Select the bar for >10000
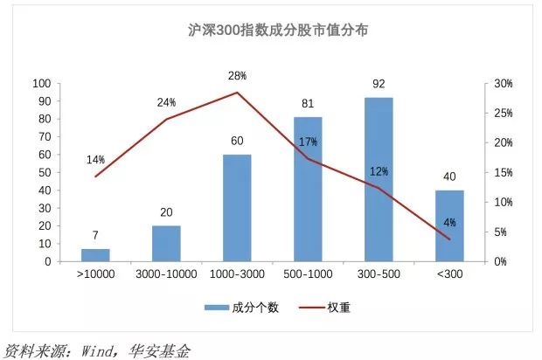[95, 255]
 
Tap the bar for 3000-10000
[166, 244]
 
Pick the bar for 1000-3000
[237, 208]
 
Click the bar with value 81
[308, 190]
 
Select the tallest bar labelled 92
[379, 179]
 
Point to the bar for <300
[449, 225]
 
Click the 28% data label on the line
[237, 76]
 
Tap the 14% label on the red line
[95, 160]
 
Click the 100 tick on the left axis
[41, 84]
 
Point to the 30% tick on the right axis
[502, 84]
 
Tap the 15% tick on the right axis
[502, 172]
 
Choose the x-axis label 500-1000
[308, 275]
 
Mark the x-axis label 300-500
[379, 275]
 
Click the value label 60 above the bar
[237, 140]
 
